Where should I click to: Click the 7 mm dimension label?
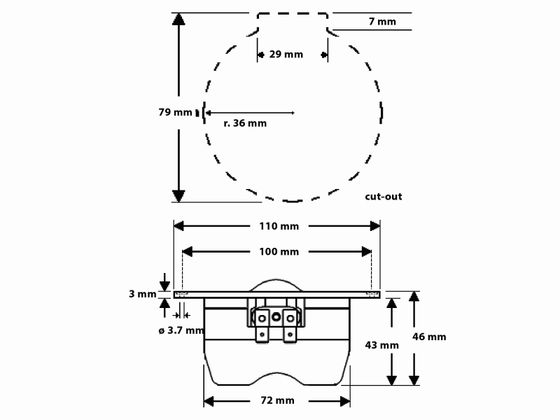pos(382,22)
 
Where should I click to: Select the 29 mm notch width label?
pos(286,55)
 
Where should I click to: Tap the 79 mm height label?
pos(176,112)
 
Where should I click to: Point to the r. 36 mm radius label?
pos(245,123)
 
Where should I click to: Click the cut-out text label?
pos(383,197)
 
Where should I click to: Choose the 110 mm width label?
pos(279,226)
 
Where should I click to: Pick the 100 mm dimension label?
pos(279,252)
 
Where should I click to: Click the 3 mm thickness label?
pos(143,294)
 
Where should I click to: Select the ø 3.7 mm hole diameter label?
pos(181,330)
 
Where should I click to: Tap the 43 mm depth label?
pos(381,345)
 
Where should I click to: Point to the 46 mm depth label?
pos(429,337)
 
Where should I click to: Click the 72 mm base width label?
pos(277,400)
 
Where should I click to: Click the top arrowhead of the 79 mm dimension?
pos(178,19)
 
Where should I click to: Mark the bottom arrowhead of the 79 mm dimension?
pos(178,196)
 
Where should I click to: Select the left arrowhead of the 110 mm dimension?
pos(178,226)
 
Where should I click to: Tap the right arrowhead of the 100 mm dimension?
pos(366,252)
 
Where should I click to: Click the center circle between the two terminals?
pos(276,317)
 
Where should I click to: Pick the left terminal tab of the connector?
pos(262,325)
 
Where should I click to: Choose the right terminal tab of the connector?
pos(290,325)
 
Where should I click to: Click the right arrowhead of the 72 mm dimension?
pos(345,401)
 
